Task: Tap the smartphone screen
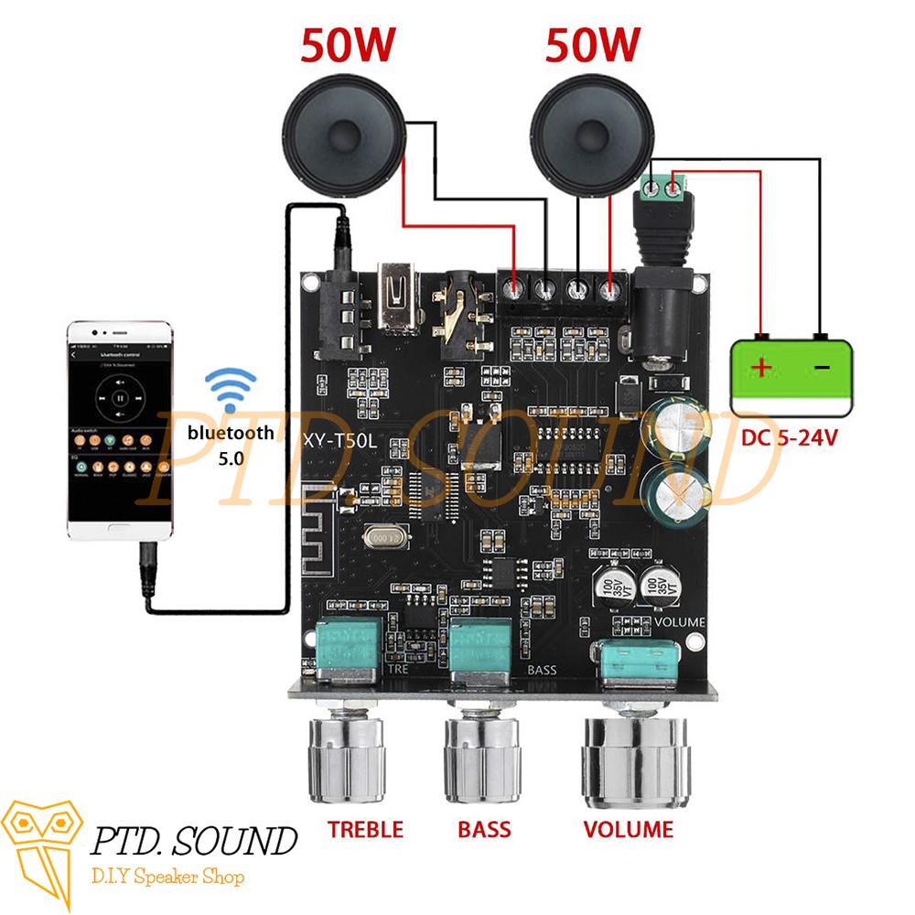[x=120, y=430]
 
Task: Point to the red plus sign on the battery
[x=760, y=369]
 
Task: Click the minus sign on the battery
[x=822, y=368]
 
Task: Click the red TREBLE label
[x=365, y=830]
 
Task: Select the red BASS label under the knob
[x=484, y=830]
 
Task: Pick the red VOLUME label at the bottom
[x=629, y=830]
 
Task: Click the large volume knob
[x=634, y=759]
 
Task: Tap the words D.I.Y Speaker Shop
[x=167, y=877]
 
